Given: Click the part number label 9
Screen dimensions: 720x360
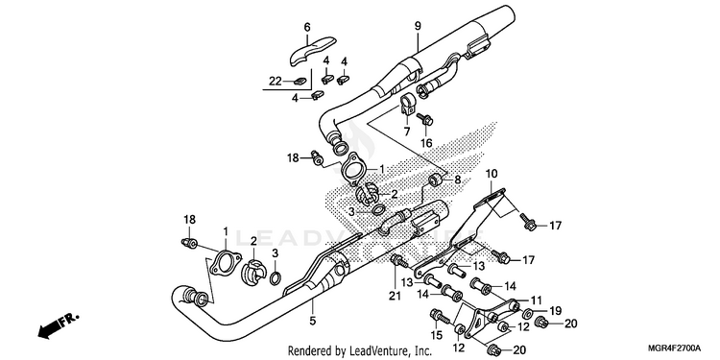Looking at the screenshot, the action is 418,26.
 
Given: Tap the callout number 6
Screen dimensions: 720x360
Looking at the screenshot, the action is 307,28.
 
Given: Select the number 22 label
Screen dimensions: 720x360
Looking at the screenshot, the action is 276,82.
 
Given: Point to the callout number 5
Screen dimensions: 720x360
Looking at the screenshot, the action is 313,321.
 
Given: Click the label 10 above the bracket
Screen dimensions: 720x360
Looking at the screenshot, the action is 491,175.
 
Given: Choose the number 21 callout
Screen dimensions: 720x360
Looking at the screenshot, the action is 395,297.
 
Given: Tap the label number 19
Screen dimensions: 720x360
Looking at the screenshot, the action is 555,311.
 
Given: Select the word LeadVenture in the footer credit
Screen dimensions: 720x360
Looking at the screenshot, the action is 372,351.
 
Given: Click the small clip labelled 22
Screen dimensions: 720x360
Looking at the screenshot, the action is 300,82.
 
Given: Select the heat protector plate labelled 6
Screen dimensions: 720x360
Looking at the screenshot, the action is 314,51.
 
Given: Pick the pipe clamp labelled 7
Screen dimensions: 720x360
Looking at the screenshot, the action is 407,105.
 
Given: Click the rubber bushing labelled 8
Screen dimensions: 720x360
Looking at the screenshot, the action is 434,180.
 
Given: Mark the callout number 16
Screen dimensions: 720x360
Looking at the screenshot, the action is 426,143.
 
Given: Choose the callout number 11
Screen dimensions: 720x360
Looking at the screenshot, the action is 537,300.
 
